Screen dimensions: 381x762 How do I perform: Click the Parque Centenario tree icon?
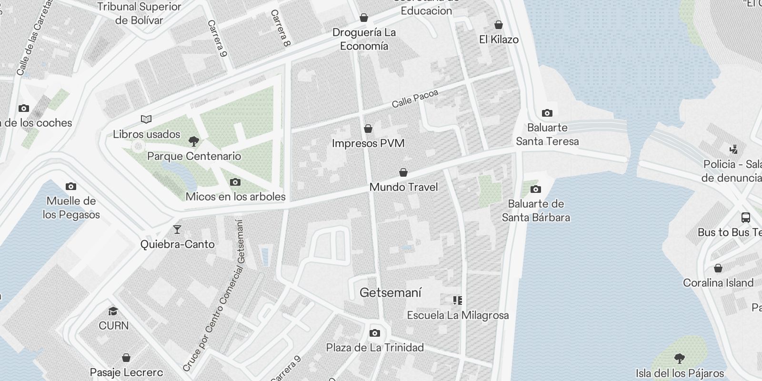193,141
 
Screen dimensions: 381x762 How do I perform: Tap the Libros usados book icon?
146,119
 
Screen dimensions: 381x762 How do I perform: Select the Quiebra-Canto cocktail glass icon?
177,230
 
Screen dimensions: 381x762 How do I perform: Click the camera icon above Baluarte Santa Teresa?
547,113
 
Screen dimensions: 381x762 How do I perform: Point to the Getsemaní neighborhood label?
391,292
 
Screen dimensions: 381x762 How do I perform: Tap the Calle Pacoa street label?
414,99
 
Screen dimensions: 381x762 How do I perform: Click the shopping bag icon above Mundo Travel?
403,172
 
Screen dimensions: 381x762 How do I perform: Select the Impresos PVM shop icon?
368,129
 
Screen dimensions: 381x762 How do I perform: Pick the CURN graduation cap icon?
113,311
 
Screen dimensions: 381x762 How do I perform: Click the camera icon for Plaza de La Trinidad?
375,333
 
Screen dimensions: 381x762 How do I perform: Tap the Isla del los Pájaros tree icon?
680,358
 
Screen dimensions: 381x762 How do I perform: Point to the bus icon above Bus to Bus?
746,218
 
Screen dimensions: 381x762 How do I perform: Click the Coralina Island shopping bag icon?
718,268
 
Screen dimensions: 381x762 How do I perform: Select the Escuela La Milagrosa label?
458,315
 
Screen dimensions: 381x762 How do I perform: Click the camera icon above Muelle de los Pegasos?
71,186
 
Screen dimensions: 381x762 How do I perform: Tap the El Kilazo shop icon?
499,25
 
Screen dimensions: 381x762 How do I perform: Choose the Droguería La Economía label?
364,39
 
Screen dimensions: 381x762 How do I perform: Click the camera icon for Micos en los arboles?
235,182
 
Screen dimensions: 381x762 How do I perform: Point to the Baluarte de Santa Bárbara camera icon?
536,189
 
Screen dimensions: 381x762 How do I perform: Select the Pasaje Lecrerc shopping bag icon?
126,357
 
